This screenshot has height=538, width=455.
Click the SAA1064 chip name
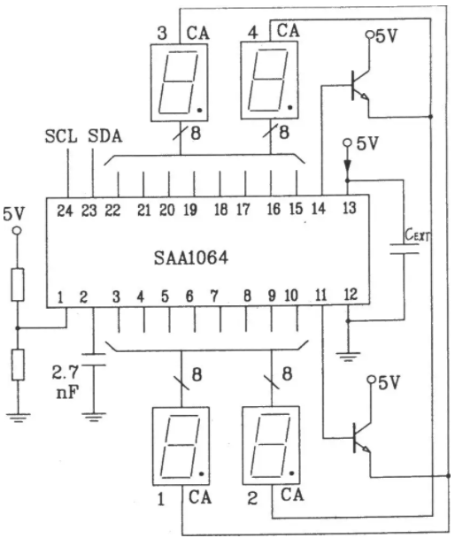coord(191,257)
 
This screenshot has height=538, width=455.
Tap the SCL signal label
coord(61,136)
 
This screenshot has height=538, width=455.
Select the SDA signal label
coord(105,136)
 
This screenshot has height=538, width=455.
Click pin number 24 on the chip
coord(65,211)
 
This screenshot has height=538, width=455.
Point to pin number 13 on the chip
coord(349,208)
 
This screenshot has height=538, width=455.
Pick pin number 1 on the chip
coord(60,297)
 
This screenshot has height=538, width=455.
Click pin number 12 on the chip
coord(351,295)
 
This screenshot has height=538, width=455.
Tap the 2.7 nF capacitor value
coord(66,382)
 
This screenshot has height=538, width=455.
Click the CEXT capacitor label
coord(417,235)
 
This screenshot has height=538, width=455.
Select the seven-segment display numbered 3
coord(180,82)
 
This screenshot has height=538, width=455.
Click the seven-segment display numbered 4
coord(269,81)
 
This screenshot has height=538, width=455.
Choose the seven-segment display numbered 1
coord(181,446)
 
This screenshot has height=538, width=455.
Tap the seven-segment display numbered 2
coord(271,445)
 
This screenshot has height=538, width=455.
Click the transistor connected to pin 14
coord(359,85)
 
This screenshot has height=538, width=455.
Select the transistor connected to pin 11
coord(361,438)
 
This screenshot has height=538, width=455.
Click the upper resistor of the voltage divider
coord(18,285)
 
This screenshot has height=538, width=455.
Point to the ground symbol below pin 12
coord(348,357)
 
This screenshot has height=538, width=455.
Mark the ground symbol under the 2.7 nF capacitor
coord(93,417)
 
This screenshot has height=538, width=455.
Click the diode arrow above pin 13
coord(348,165)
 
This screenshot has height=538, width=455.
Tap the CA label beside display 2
coord(292,495)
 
